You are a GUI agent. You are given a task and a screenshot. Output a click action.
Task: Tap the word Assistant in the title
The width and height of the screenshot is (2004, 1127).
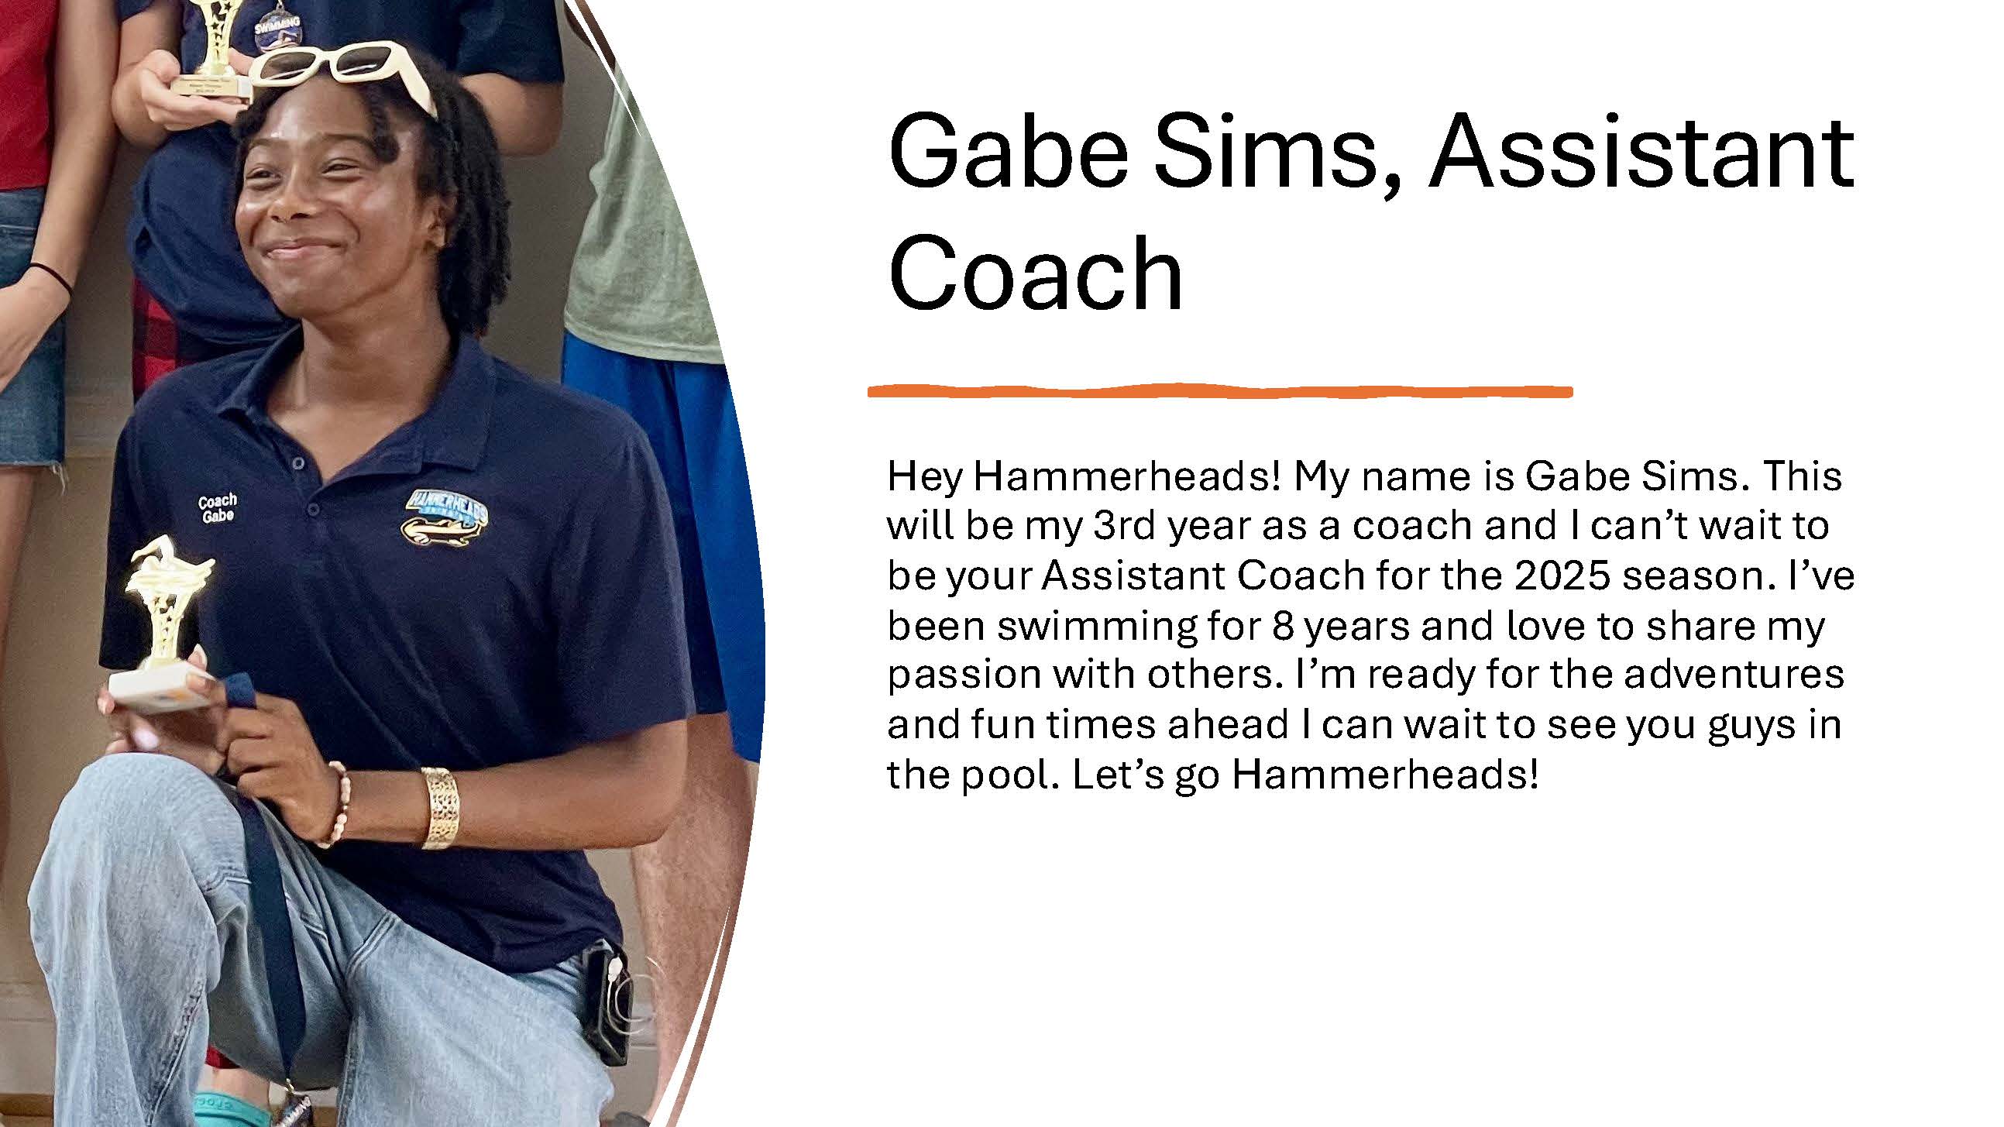click(1641, 152)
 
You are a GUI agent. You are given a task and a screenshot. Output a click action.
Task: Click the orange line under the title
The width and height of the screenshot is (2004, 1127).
click(1220, 390)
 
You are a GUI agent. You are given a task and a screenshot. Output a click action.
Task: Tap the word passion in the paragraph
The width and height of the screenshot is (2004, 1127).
click(964, 675)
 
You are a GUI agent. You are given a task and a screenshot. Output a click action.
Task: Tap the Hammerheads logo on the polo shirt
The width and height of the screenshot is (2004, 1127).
click(445, 516)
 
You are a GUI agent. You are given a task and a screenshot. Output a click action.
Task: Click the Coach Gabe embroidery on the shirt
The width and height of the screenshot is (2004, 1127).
click(217, 508)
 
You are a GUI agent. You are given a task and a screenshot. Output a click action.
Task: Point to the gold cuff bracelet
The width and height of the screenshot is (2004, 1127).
click(439, 807)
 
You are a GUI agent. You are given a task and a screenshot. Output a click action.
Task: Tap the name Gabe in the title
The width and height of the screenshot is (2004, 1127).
click(1009, 152)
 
